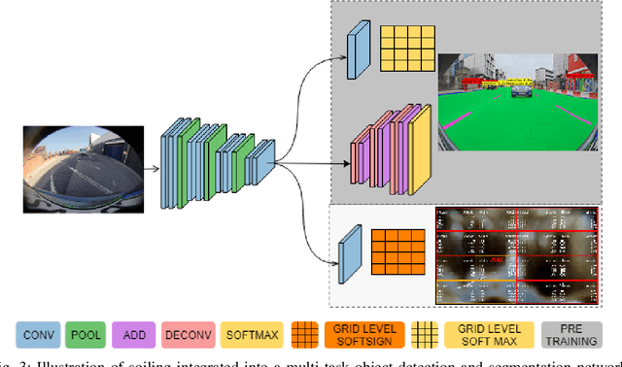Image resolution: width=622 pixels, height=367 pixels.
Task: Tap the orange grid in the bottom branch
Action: pyautogui.click(x=397, y=250)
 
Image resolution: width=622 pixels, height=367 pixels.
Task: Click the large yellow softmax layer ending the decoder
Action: pyautogui.click(x=419, y=148)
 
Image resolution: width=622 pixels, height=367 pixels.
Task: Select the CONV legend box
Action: pyautogui.click(x=40, y=335)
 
